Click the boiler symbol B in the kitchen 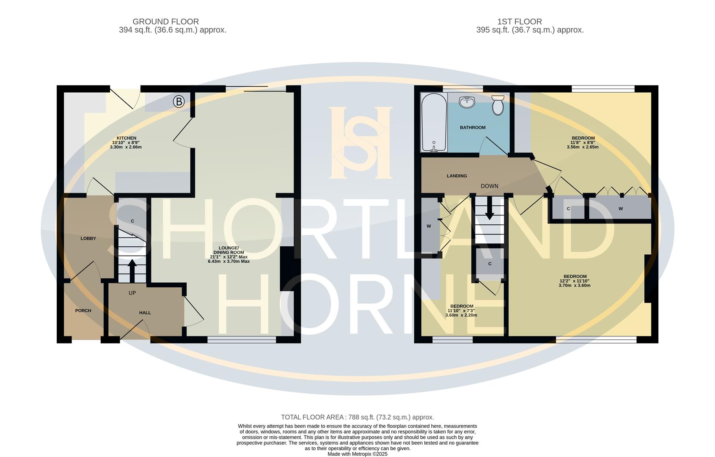tap(179, 102)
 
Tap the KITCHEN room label tap(126, 138)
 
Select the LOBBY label tap(88, 239)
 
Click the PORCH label tap(83, 311)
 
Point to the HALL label tap(145, 313)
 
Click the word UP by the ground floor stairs tap(132, 293)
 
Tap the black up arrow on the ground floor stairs tap(132, 270)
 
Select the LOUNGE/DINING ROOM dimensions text tap(228, 259)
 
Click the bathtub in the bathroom tap(434, 123)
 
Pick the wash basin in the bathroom tap(467, 102)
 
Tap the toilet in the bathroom tap(498, 105)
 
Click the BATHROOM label tap(473, 127)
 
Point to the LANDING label tap(457, 176)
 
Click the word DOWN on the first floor tap(489, 186)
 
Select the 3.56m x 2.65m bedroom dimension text tap(583, 147)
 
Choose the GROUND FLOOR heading tap(165, 22)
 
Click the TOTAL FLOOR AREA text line tap(357, 417)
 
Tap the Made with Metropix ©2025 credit tap(357, 454)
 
